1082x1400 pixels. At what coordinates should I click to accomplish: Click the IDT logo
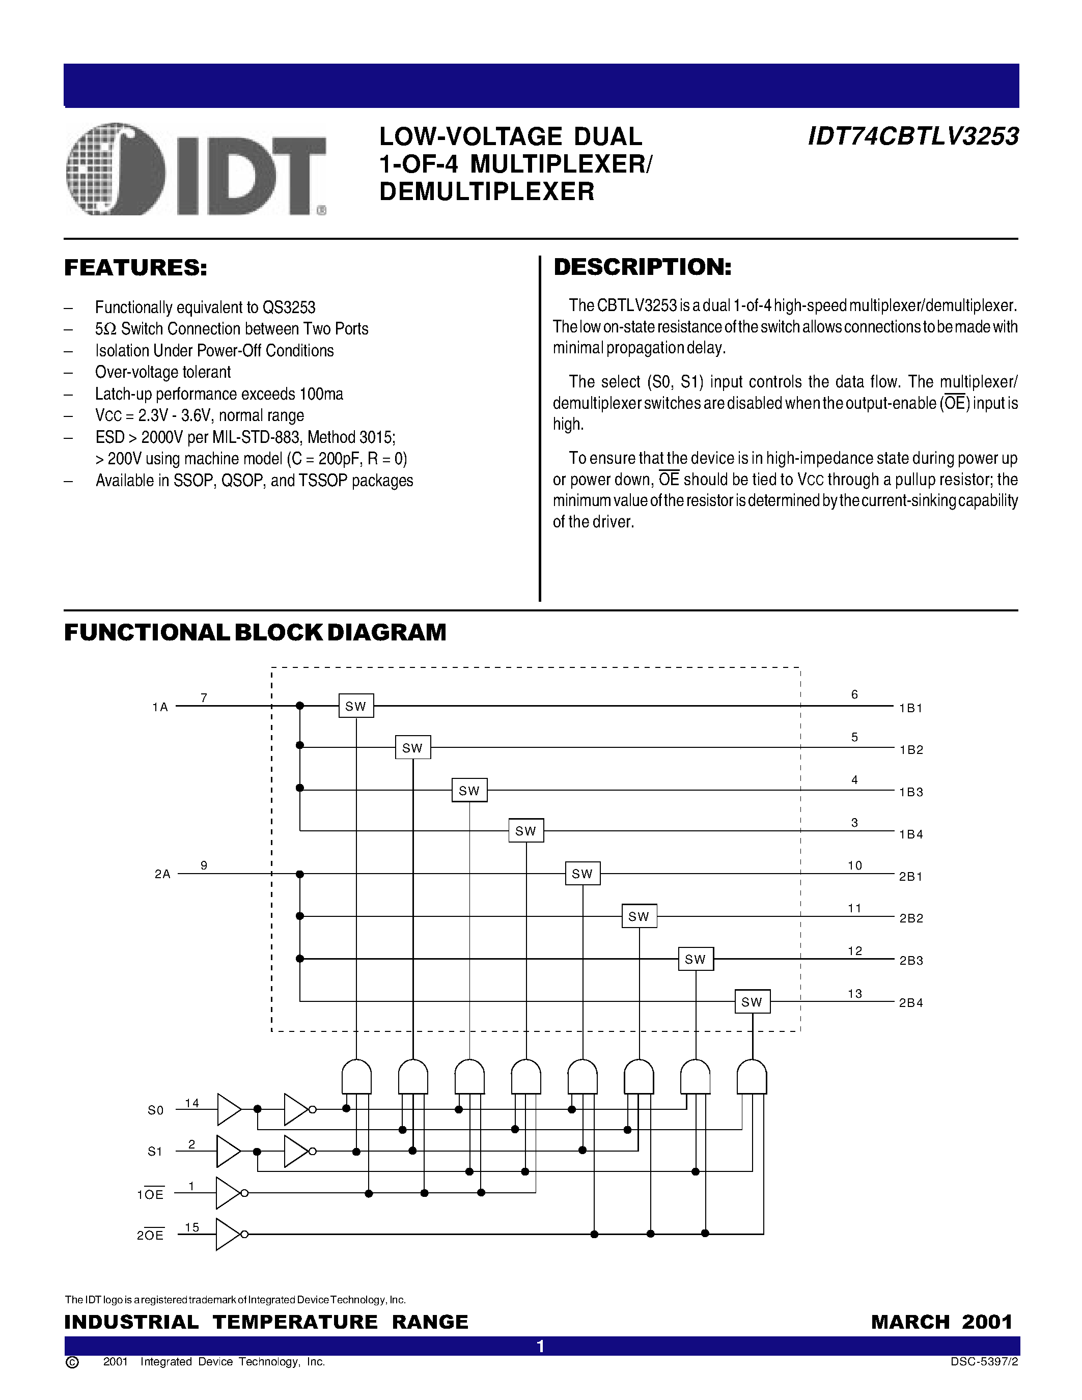click(196, 169)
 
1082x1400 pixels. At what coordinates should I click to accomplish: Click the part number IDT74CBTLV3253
click(913, 136)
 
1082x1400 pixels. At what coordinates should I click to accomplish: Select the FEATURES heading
click(136, 268)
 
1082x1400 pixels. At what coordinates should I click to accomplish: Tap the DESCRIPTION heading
click(642, 267)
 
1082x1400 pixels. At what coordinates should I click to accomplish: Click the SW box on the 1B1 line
click(356, 706)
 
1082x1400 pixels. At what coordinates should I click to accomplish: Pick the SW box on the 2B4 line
click(752, 1002)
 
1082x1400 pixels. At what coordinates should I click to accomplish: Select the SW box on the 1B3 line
click(469, 791)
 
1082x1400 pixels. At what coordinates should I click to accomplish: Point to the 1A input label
click(159, 707)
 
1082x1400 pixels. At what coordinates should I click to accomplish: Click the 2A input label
click(162, 874)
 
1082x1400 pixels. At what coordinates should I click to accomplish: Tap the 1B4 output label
click(911, 834)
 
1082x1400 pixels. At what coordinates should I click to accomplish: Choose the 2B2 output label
click(911, 918)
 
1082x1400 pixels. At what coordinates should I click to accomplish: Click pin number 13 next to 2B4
click(854, 994)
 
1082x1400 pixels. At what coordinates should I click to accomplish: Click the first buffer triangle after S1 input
click(228, 1151)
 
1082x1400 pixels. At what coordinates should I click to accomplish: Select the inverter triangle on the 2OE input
click(228, 1234)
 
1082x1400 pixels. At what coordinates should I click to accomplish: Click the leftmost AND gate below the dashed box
click(356, 1077)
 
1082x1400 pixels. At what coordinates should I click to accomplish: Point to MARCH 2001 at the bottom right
click(941, 1322)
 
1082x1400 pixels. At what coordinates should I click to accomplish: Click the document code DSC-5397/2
click(984, 1361)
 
